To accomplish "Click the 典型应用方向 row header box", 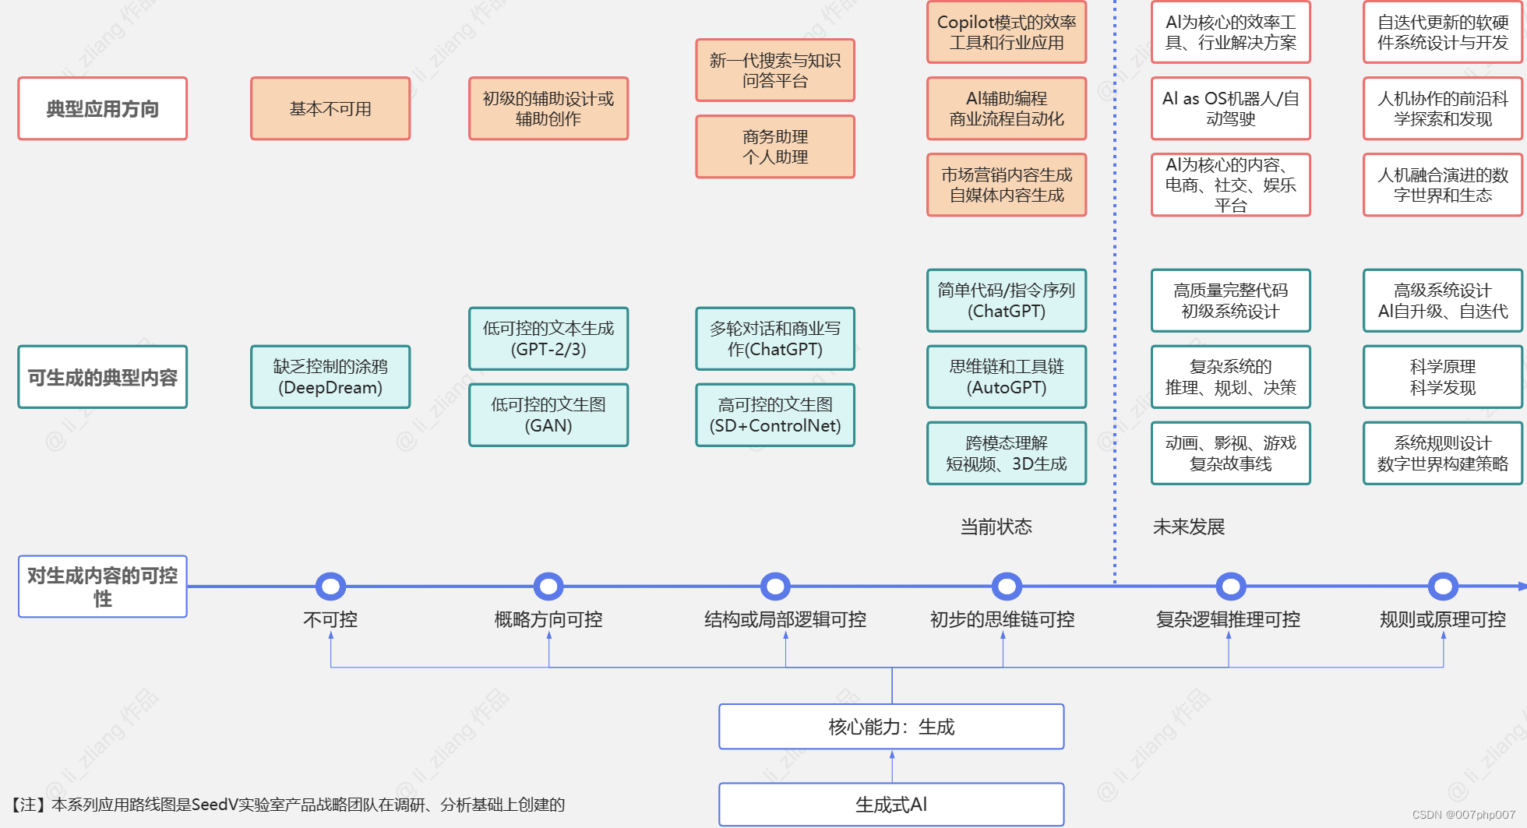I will point(102,108).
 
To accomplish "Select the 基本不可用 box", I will point(330,108).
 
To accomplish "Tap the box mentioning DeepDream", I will point(330,377).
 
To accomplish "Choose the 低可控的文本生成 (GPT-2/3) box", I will point(548,339).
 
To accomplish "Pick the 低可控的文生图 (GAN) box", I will point(548,415).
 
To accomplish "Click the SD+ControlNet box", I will point(775,415).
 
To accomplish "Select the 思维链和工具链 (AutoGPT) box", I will point(1007,377).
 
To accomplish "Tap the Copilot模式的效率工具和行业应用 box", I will point(1007,32).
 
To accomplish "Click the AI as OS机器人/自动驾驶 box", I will point(1231,108).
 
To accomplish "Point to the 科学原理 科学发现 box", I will point(1443,377).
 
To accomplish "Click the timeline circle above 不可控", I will point(330,587).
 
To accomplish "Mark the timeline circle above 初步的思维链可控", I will point(1007,587).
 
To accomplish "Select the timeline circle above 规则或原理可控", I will point(1443,587).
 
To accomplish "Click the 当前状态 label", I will point(996,527).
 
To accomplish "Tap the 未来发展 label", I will point(1189,527).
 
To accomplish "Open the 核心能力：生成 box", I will point(891,727).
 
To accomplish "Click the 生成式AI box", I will point(891,805).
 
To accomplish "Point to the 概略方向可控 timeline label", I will point(548,620).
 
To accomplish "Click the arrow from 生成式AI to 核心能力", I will point(892,766).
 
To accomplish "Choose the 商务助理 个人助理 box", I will point(775,146).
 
